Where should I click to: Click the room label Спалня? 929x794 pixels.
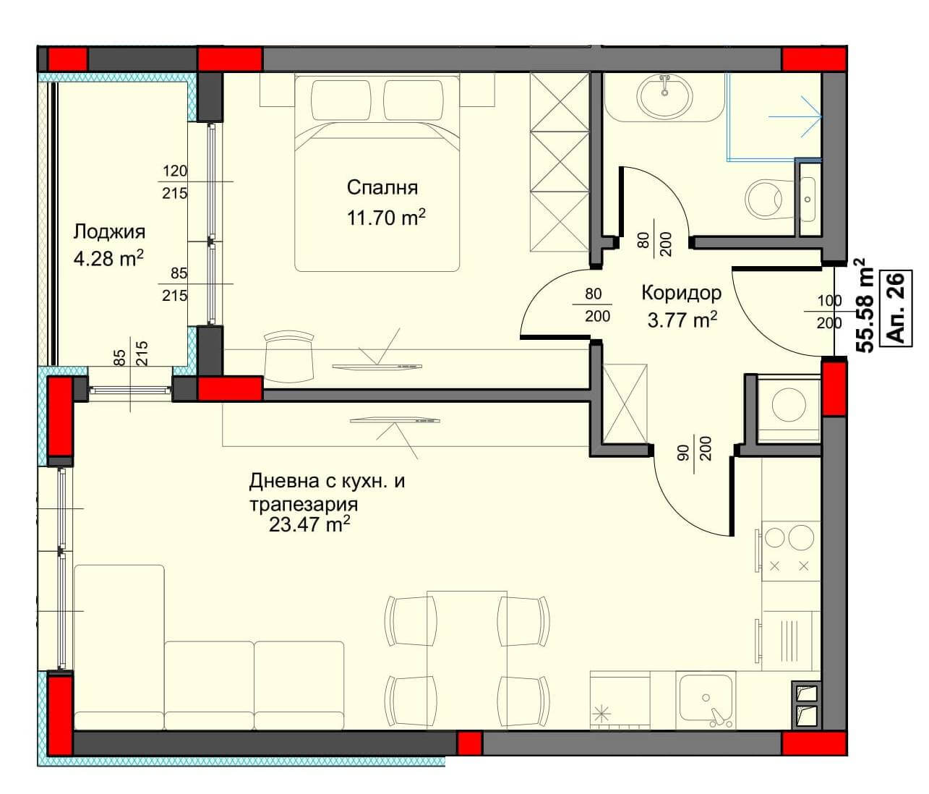382,188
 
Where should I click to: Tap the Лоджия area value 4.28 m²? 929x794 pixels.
108,259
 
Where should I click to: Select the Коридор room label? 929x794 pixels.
681,293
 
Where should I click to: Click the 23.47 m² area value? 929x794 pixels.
309,524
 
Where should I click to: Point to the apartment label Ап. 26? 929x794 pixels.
896,308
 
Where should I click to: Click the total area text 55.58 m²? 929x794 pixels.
863,306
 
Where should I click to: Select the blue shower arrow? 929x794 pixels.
795,117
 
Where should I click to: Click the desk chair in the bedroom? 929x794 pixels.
288,357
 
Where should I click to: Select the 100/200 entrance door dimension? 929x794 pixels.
829,311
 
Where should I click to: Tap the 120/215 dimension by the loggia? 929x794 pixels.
174,182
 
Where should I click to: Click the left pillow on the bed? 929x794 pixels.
341,101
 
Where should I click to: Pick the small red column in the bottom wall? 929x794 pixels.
470,743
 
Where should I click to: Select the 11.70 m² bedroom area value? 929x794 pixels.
386,218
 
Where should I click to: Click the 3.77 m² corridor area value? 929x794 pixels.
682,320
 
